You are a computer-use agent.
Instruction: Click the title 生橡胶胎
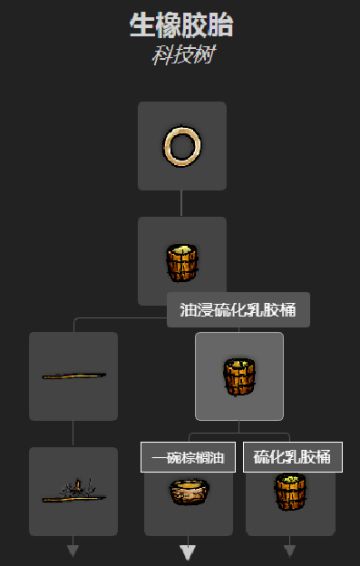click(182, 26)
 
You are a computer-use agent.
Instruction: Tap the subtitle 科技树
click(182, 53)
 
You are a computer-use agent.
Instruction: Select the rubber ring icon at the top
click(182, 146)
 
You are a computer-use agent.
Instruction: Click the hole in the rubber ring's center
click(182, 146)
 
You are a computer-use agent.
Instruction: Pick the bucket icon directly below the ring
click(182, 262)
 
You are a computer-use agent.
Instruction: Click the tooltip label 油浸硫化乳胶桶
click(238, 310)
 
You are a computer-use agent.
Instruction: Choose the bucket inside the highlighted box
click(239, 376)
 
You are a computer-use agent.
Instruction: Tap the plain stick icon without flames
click(74, 376)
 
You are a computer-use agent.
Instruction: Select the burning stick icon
click(74, 492)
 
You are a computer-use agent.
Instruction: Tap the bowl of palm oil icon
click(188, 493)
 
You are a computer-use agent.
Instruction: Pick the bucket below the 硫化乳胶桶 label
click(290, 492)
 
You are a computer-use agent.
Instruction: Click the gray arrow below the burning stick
click(73, 549)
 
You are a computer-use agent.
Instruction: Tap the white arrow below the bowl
click(188, 550)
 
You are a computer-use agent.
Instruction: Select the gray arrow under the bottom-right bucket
click(290, 549)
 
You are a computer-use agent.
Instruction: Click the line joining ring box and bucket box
click(182, 203)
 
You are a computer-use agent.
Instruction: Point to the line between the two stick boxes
click(73, 433)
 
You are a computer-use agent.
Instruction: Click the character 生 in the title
click(141, 26)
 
